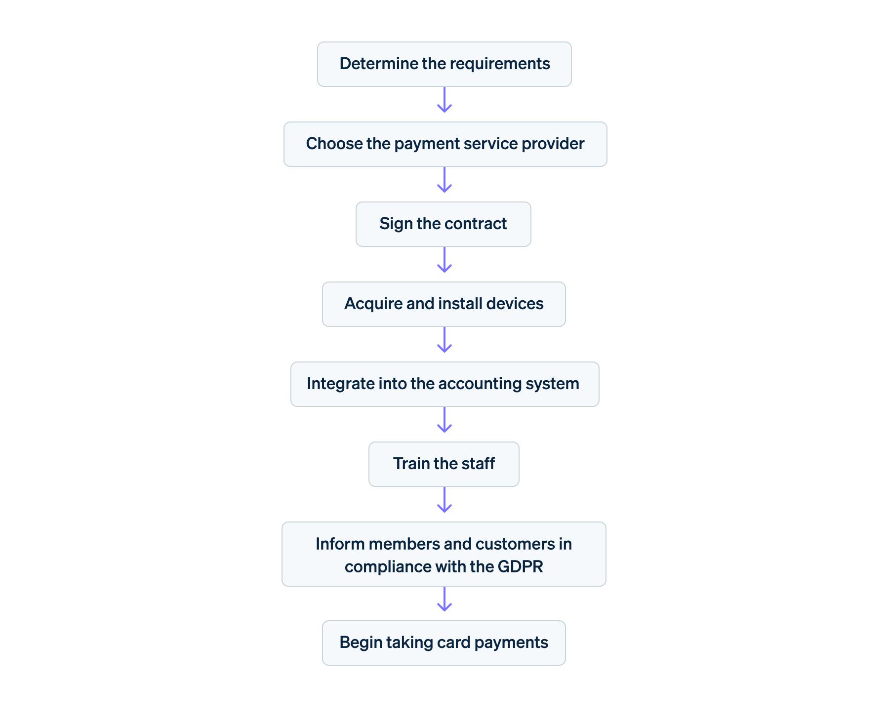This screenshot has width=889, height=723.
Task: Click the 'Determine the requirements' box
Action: coord(444,64)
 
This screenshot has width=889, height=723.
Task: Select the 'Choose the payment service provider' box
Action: coord(445,144)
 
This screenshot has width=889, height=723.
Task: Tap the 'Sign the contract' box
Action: coord(443,224)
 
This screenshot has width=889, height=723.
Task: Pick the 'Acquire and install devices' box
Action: coord(444,304)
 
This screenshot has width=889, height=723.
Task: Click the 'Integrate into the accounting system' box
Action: coord(444,384)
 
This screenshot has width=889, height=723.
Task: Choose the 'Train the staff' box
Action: coord(444,464)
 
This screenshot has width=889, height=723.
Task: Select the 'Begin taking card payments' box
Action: coord(444,643)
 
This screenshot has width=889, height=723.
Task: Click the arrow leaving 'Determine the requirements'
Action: coord(444,100)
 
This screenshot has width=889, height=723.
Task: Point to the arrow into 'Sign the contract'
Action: coord(444,180)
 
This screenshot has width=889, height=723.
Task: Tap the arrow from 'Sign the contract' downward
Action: coord(444,260)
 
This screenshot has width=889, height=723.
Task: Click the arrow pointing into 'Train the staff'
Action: coord(444,420)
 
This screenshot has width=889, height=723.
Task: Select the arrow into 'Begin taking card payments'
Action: coord(444,600)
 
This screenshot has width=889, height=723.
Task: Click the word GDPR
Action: coord(520,566)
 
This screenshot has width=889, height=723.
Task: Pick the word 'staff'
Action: coord(479,464)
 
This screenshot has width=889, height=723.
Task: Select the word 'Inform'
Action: coord(340,544)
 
